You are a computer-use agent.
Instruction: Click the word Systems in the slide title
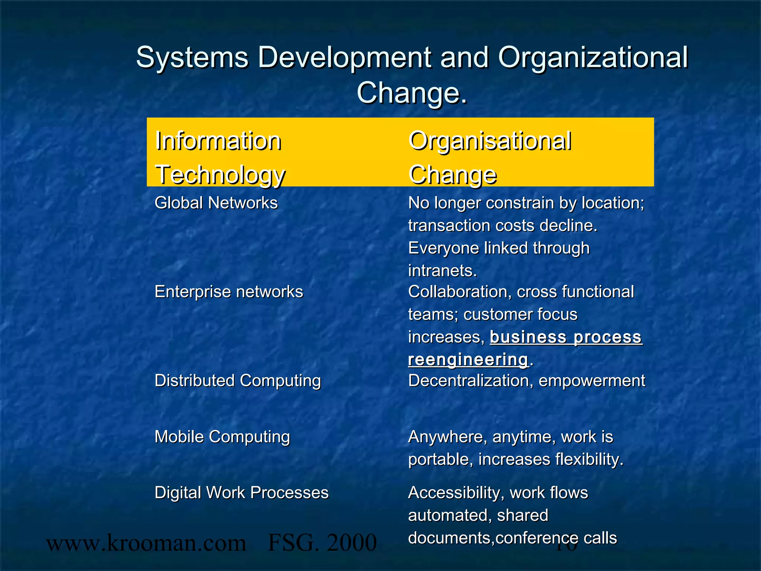click(192, 58)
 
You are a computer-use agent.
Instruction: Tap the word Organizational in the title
click(593, 58)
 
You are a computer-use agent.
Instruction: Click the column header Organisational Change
click(490, 157)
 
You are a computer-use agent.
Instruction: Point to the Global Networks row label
click(216, 203)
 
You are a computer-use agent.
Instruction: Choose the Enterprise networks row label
click(229, 292)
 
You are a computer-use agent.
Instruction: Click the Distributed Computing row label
click(237, 381)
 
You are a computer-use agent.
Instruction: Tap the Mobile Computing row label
click(222, 437)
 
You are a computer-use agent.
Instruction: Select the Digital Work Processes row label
click(242, 493)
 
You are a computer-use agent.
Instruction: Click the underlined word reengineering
click(468, 360)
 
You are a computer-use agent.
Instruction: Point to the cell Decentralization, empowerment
click(527, 381)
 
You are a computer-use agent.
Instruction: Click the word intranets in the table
click(442, 271)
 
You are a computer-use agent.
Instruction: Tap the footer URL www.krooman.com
click(146, 543)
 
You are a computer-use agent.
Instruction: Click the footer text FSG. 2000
click(322, 543)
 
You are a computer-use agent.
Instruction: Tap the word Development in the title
click(344, 58)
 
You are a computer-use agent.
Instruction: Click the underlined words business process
click(566, 337)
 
